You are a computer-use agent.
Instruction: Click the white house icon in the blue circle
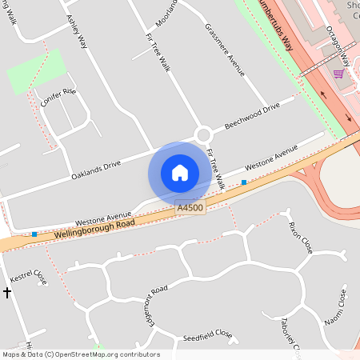click(180, 173)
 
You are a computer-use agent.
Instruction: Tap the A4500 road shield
click(190, 208)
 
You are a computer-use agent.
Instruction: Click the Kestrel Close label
click(29, 276)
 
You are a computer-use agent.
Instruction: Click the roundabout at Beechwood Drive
click(203, 134)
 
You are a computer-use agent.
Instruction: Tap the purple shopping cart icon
click(338, 74)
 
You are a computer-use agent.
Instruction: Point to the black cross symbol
click(7, 294)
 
